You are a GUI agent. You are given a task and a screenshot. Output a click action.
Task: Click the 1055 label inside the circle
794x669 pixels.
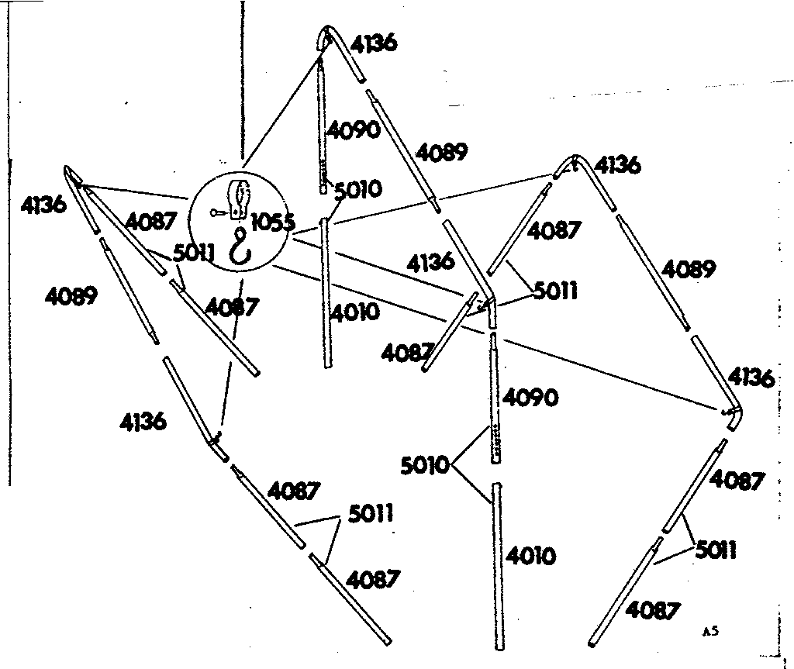pyautogui.click(x=272, y=222)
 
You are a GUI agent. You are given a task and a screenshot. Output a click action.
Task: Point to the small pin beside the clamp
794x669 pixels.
pyautogui.click(x=219, y=213)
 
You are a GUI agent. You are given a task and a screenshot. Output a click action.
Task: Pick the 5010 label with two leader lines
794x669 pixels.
pyautogui.click(x=424, y=465)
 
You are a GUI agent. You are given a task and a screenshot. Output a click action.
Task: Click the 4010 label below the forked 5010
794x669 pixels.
pyautogui.click(x=530, y=556)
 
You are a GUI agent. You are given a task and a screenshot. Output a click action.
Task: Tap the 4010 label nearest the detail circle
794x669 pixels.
pyautogui.click(x=354, y=312)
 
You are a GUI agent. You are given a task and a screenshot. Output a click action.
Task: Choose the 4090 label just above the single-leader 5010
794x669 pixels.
pyautogui.click(x=354, y=130)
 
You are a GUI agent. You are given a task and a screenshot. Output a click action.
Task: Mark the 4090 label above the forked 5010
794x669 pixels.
pyautogui.click(x=530, y=398)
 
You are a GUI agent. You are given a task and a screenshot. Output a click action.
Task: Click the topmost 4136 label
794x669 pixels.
pyautogui.click(x=374, y=43)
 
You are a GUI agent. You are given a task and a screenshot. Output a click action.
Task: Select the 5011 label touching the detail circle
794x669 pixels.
pyautogui.click(x=194, y=253)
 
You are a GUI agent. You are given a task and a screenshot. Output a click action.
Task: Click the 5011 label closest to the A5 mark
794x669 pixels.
pyautogui.click(x=716, y=550)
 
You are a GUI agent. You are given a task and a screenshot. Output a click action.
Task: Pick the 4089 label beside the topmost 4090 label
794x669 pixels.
pyautogui.click(x=441, y=152)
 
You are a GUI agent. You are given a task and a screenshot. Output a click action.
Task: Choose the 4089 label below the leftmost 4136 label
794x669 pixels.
pyautogui.click(x=71, y=296)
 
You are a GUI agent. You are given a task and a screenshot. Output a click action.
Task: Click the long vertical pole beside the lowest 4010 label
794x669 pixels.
pyautogui.click(x=499, y=566)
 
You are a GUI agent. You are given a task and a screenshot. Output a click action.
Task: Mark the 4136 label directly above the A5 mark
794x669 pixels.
pyautogui.click(x=751, y=378)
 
